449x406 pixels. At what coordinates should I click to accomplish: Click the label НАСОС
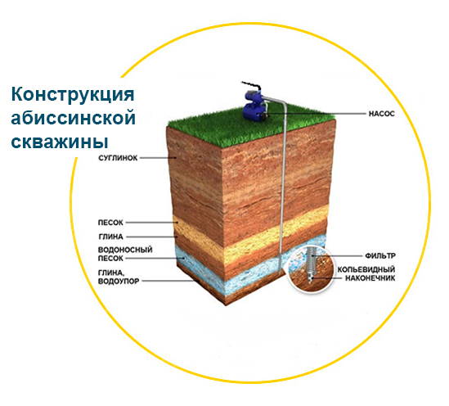381,114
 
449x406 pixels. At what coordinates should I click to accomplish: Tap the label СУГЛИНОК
118,158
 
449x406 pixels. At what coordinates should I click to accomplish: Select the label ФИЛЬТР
380,255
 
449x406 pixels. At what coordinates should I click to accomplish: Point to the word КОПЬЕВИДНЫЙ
366,269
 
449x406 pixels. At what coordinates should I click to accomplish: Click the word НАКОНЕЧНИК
370,278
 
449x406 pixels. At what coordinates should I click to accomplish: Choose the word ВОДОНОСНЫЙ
125,250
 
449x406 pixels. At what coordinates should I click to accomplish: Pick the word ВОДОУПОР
119,281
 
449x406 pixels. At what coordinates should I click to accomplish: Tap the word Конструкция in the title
73,95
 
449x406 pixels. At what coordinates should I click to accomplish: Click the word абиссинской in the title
73,118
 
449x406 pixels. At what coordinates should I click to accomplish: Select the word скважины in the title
60,142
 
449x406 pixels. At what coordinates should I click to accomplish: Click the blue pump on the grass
254,106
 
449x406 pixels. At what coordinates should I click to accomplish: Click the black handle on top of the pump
251,85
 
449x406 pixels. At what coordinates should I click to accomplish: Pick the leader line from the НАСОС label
317,114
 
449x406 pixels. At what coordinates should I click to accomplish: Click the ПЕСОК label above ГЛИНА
110,223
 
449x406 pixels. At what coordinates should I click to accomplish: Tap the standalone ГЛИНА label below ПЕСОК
110,237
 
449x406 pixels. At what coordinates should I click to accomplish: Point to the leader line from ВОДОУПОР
169,281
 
